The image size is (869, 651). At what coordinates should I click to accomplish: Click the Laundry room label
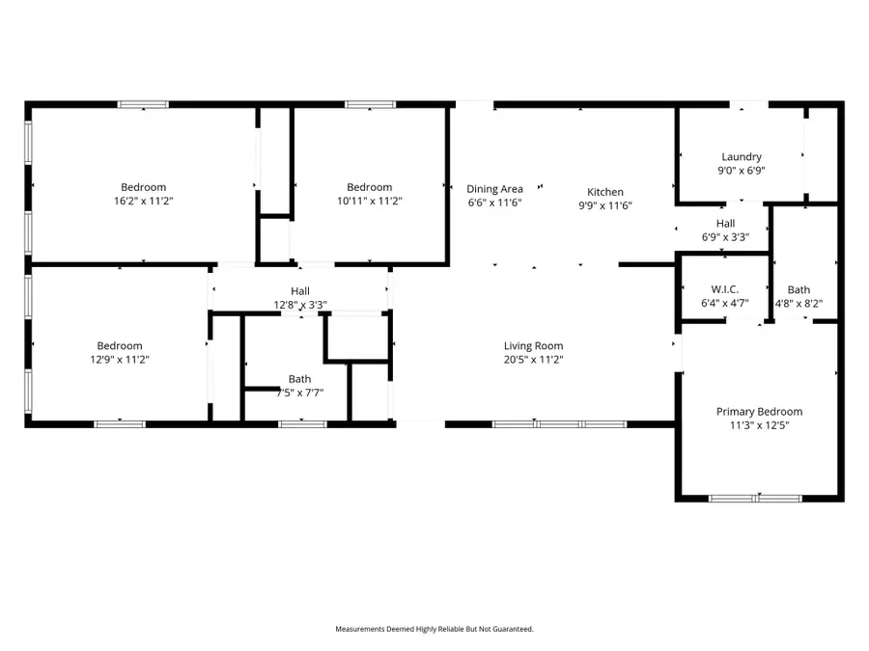tap(742, 157)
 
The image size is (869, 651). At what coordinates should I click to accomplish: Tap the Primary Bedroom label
tap(759, 412)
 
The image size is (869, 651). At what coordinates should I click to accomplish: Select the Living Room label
tap(533, 346)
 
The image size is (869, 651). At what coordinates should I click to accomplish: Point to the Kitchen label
tap(605, 192)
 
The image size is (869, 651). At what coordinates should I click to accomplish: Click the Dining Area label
tap(494, 189)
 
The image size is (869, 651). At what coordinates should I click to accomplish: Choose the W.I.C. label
tap(725, 289)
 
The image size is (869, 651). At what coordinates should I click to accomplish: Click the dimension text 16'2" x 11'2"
tap(144, 201)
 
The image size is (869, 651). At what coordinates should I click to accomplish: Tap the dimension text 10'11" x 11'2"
tap(370, 201)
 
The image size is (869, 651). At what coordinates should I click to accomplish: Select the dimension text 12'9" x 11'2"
tap(120, 360)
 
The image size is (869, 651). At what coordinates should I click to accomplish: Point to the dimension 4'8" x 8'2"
tap(799, 304)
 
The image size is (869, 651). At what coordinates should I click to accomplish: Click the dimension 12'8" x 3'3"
tap(300, 305)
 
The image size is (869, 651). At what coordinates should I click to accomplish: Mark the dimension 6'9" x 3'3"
tap(725, 237)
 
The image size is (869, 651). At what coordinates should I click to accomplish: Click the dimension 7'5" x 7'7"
tap(300, 393)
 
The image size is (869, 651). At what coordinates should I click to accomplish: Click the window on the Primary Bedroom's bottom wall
tap(755, 499)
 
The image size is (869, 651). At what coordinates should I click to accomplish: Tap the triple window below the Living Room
tap(560, 424)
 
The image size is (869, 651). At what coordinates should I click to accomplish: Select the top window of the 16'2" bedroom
tap(143, 104)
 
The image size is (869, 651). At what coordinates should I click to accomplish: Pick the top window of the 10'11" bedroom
tap(370, 104)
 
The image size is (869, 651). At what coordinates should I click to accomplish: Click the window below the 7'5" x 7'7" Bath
tap(302, 424)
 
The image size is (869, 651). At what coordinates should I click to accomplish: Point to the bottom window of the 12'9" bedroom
tap(120, 424)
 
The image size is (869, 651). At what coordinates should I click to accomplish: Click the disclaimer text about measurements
tap(434, 629)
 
